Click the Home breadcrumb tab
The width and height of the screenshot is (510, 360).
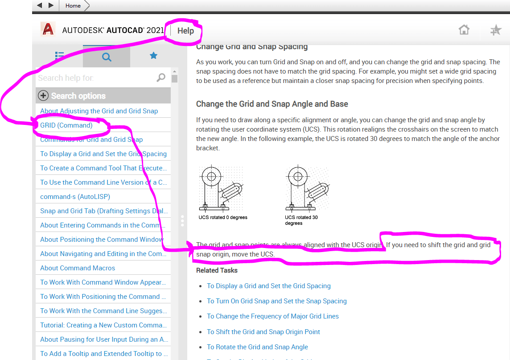coord(73,5)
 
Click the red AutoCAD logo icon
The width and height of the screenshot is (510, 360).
coord(47,29)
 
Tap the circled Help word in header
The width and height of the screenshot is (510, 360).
coord(185,31)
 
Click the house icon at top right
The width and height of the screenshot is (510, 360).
coord(464,30)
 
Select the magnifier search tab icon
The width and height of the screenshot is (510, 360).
coord(107,57)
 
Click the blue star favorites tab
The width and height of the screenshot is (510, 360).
coord(153,56)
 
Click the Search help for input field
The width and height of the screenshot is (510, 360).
coord(96,78)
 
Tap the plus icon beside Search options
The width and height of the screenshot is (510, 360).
coord(43,95)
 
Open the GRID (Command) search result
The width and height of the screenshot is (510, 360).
coord(66,125)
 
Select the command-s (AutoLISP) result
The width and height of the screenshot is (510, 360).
coord(75,197)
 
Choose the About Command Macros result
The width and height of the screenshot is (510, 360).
coord(78,268)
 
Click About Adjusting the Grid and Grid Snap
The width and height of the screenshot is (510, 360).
coord(99,111)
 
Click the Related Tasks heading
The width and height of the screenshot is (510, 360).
coord(217,270)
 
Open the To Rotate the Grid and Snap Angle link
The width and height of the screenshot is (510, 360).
coord(257,347)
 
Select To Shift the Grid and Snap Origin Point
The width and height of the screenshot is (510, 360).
coord(263,332)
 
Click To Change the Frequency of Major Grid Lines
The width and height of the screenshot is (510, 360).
coord(273,316)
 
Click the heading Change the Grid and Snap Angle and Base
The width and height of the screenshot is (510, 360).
coord(272,104)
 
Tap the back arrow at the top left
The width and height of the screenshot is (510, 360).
coord(40,5)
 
